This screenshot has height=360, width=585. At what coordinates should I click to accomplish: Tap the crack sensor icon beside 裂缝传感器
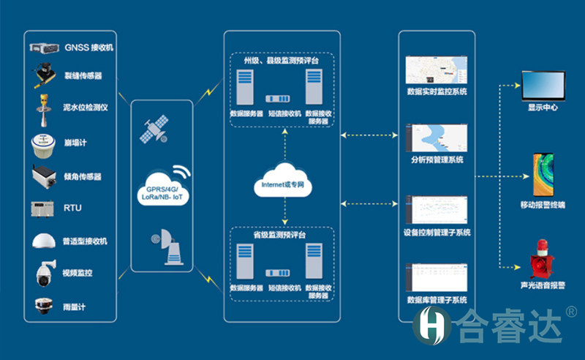45,75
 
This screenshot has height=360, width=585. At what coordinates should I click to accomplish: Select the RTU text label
72,209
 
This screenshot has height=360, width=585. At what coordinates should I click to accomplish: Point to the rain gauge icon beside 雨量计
44,306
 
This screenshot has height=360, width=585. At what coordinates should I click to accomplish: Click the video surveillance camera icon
44,273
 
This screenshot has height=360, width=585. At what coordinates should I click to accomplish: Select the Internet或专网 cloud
283,185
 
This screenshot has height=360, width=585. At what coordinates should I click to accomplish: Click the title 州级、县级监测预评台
282,61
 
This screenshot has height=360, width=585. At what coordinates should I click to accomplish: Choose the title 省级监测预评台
282,236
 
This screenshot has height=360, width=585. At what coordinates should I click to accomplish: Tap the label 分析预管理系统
437,160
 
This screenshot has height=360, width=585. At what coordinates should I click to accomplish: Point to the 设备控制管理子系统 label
437,233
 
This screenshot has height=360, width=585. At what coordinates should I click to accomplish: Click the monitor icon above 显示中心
543,86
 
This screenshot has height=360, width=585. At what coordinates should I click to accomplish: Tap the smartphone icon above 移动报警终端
543,174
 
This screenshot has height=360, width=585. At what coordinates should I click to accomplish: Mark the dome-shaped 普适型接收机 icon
44,241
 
